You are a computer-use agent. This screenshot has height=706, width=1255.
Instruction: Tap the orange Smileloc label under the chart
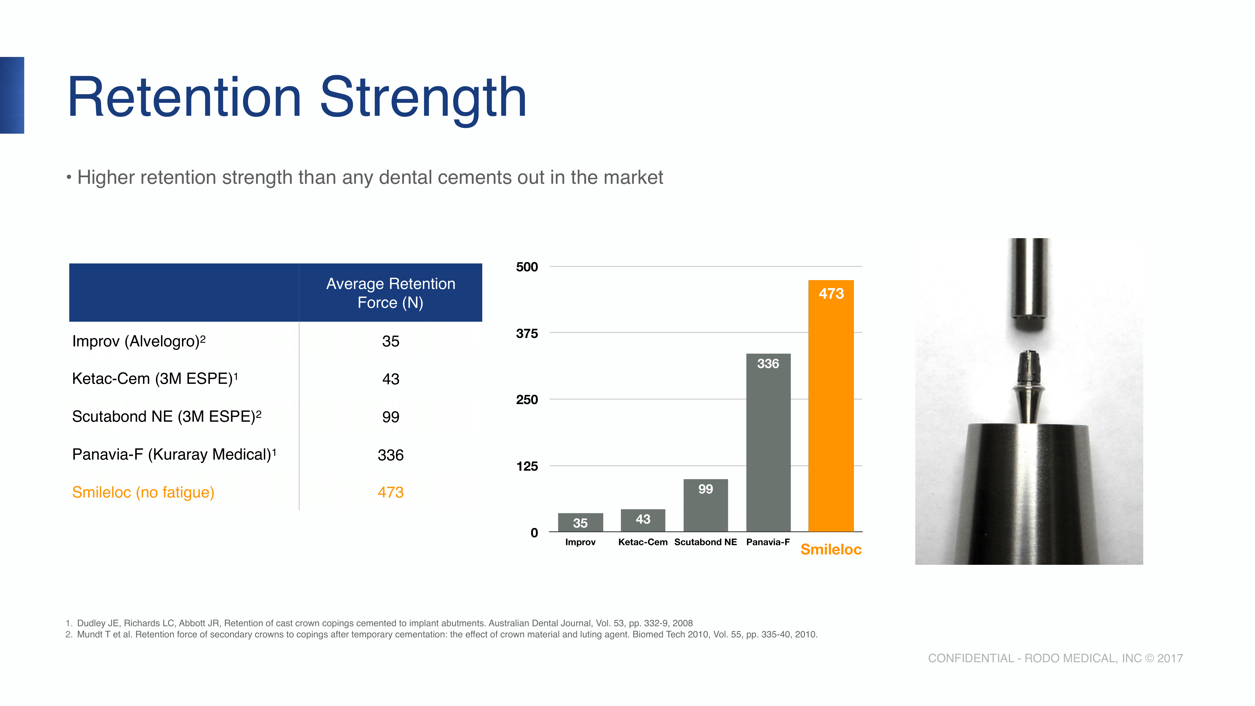point(831,549)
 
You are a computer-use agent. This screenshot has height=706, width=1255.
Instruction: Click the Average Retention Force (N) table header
point(390,293)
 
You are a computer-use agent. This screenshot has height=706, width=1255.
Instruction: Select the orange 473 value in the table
point(390,492)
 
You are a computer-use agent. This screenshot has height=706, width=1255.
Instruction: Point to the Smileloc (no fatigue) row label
point(143,492)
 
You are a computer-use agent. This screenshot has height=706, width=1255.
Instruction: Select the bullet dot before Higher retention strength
point(69,177)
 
